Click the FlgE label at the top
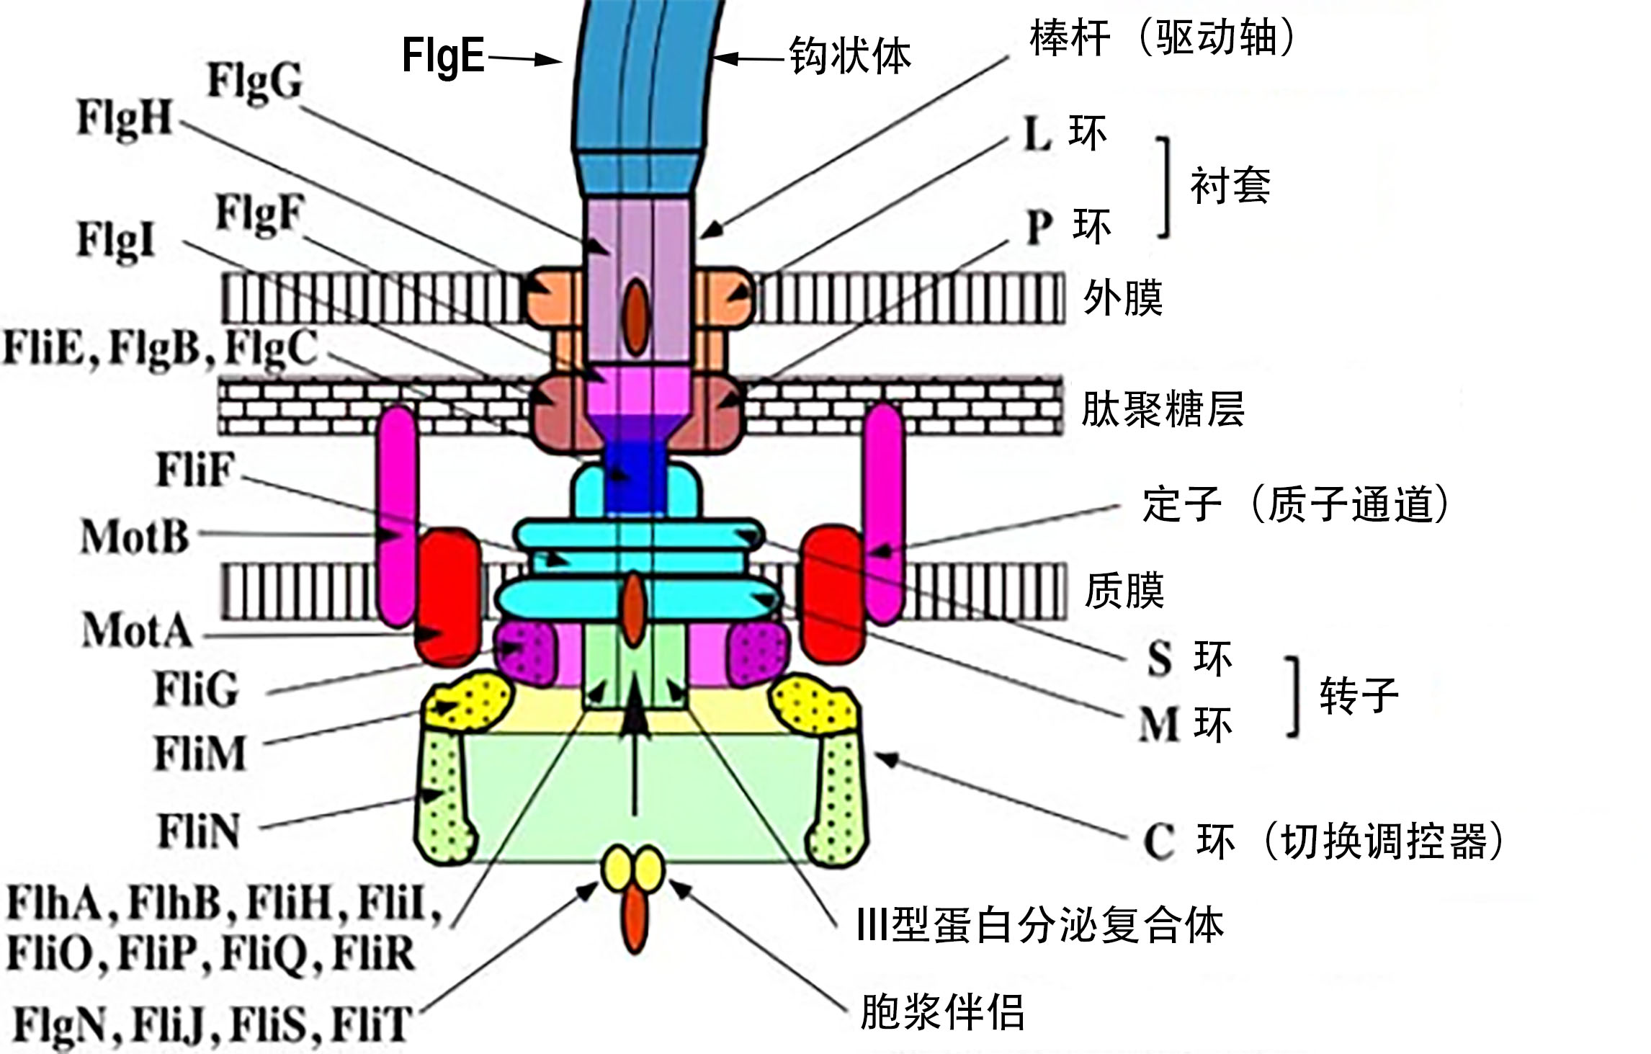pyautogui.click(x=443, y=55)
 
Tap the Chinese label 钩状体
pyautogui.click(x=850, y=55)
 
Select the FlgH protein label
pyautogui.click(x=125, y=118)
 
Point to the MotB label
pyautogui.click(x=135, y=537)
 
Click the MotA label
pyautogui.click(x=137, y=630)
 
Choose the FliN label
pyautogui.click(x=199, y=831)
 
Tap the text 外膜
pyautogui.click(x=1123, y=298)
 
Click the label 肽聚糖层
pyautogui.click(x=1163, y=409)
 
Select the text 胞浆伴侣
pyautogui.click(x=942, y=1011)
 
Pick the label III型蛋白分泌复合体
pyautogui.click(x=1039, y=925)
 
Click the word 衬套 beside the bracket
pyautogui.click(x=1230, y=185)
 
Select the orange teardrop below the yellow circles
pyautogui.click(x=634, y=920)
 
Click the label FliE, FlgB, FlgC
pyautogui.click(x=161, y=349)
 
